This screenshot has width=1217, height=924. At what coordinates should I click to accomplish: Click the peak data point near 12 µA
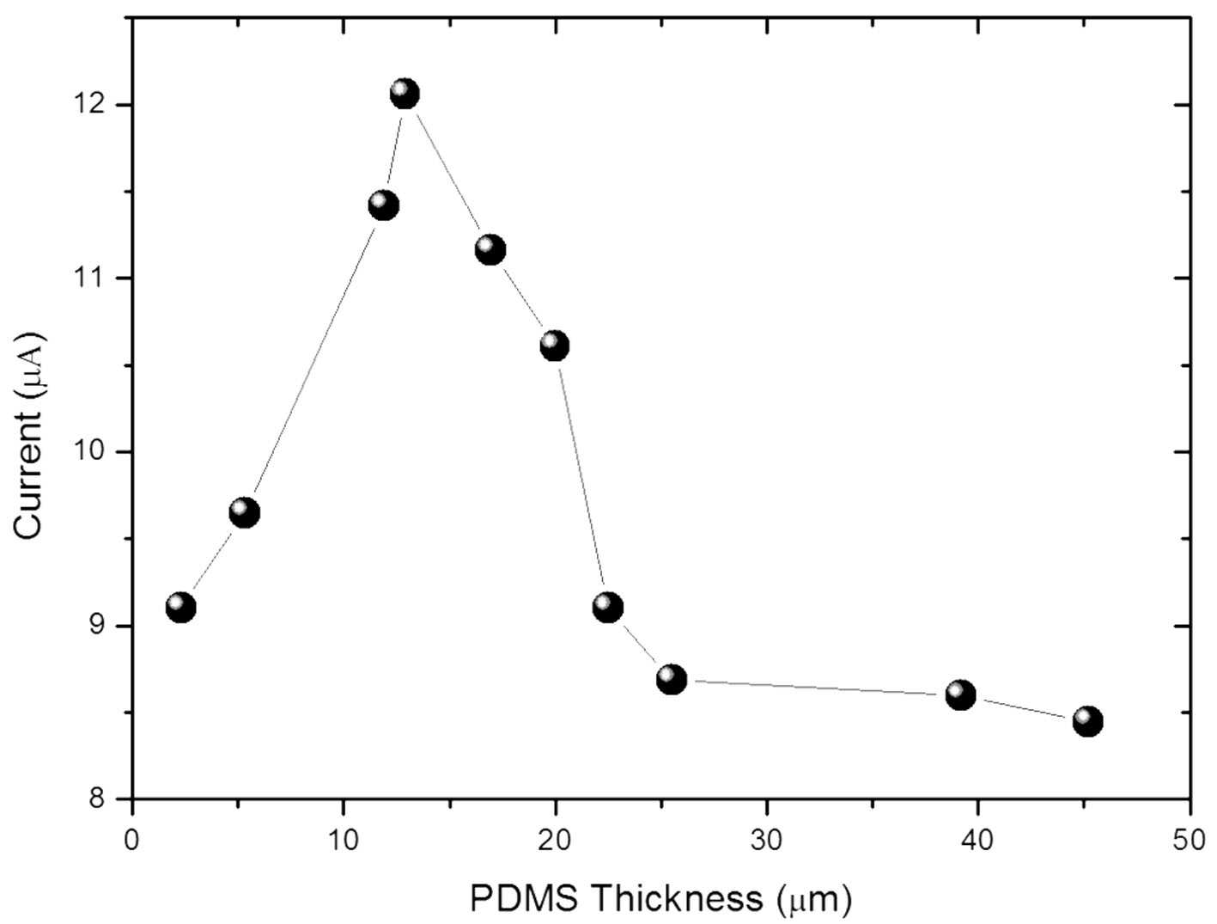[x=405, y=94]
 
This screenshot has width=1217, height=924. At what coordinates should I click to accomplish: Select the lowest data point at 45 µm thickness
[x=1088, y=721]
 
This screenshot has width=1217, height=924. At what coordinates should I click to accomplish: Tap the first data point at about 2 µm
[x=180, y=608]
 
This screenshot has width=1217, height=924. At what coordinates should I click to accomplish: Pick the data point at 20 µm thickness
[x=554, y=346]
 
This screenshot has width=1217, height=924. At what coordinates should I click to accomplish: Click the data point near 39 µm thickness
[x=961, y=695]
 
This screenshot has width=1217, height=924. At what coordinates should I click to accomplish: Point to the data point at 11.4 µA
[x=383, y=205]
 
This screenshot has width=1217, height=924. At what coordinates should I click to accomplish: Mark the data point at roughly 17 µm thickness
[x=490, y=249]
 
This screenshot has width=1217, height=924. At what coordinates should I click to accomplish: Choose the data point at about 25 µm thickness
[x=672, y=679]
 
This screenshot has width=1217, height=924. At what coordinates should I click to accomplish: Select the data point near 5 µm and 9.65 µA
[x=245, y=512]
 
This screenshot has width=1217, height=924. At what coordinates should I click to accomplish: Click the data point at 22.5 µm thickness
[x=608, y=608]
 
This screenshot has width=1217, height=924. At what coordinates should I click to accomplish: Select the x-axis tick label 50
[x=1190, y=841]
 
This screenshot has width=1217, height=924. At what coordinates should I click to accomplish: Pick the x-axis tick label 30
[x=767, y=841]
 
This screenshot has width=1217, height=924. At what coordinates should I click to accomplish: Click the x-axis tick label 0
[x=132, y=841]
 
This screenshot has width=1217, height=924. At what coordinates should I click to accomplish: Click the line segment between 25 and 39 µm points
[x=816, y=687]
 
